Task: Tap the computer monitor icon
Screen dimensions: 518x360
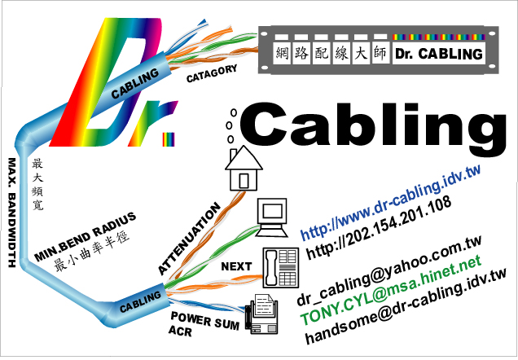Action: point(272,217)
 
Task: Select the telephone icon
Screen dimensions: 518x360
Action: point(281,267)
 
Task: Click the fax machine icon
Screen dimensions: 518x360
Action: point(261,314)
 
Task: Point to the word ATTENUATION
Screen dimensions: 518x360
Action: point(189,239)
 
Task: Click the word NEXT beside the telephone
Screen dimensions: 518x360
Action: point(236,266)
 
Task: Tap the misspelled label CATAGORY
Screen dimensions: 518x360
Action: point(212,73)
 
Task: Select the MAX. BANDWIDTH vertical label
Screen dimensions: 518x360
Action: point(12,213)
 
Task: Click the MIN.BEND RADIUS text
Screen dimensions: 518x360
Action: point(85,236)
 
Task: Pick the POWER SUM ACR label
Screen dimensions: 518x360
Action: point(204,324)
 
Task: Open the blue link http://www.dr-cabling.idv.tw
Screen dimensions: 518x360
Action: point(390,202)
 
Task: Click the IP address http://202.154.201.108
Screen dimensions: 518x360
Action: point(379,227)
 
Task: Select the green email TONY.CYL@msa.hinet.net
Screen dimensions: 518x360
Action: point(390,290)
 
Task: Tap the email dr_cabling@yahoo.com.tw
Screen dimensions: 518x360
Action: point(388,271)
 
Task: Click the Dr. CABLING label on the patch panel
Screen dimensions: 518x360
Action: point(439,54)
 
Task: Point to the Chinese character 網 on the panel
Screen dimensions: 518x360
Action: point(282,53)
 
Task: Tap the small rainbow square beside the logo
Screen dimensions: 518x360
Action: point(169,139)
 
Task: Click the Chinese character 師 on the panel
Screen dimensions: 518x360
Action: point(380,52)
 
